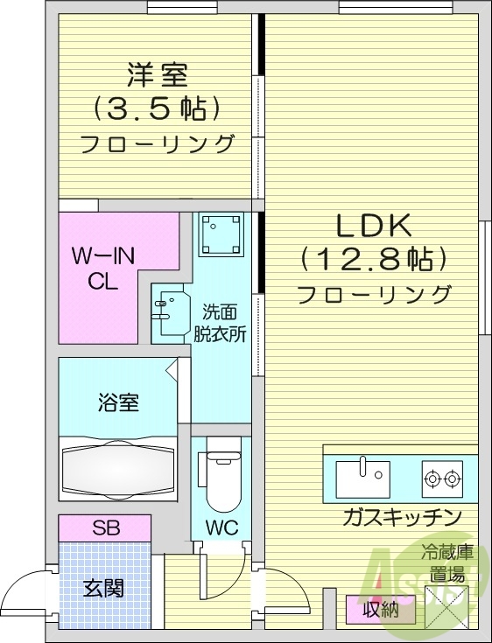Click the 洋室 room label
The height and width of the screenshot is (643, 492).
pyautogui.click(x=158, y=75)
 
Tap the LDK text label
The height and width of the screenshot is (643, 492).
pyautogui.click(x=375, y=227)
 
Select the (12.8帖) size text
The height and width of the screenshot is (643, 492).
pyautogui.click(x=375, y=260)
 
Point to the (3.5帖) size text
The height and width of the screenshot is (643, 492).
pyautogui.click(x=158, y=109)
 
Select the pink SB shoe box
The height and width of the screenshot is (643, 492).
pyautogui.click(x=105, y=528)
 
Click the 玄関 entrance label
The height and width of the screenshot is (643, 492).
pyautogui.click(x=103, y=588)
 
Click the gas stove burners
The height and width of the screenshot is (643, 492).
pyautogui.click(x=441, y=478)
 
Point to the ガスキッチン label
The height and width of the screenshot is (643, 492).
pyautogui.click(x=402, y=517)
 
